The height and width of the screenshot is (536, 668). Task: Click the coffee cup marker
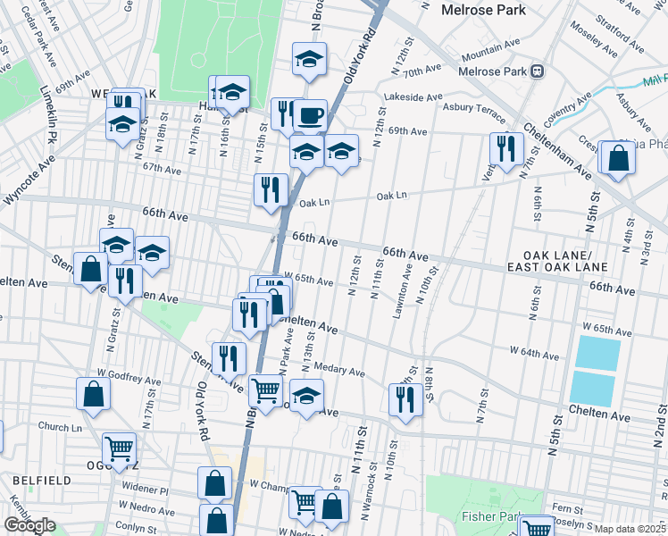[x=310, y=115]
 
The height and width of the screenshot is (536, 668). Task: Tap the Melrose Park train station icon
[x=537, y=71]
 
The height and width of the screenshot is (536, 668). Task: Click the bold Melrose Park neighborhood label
[x=483, y=10]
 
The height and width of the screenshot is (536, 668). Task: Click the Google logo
[x=29, y=525]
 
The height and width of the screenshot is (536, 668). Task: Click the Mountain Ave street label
[x=489, y=52]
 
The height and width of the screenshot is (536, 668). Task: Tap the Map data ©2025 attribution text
[x=630, y=528]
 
